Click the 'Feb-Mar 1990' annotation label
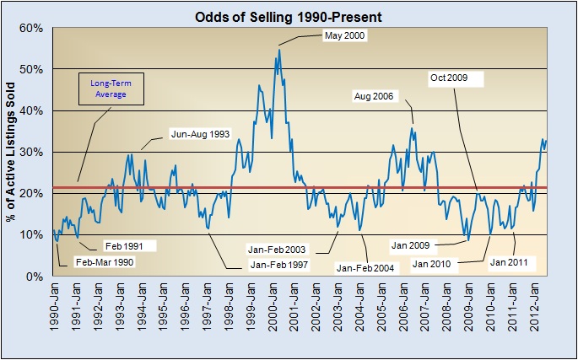tap(104, 262)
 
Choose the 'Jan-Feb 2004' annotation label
tap(366, 267)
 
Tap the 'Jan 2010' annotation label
tap(435, 263)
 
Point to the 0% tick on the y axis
tap(35, 277)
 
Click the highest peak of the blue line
tap(279, 50)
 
